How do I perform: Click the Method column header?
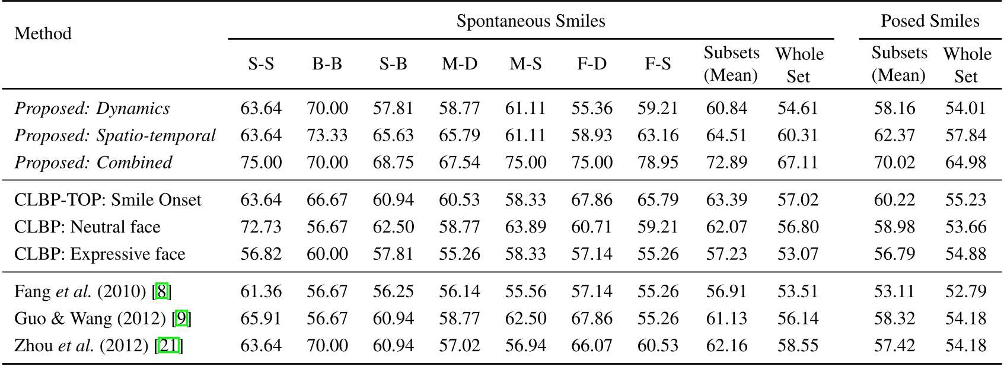pos(43,33)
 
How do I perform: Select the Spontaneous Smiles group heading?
pos(530,22)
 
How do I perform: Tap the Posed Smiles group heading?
pos(929,22)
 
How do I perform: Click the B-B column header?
pos(327,64)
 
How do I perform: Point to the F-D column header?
pos(592,64)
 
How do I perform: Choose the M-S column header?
pos(525,64)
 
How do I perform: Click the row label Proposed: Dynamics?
pos(92,109)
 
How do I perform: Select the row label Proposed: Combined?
pos(93,163)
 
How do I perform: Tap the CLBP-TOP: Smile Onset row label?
pos(108,200)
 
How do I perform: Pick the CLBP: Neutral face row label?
pos(87,227)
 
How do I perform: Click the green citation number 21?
pos(169,346)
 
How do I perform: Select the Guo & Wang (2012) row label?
pos(90,319)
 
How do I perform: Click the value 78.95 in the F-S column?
pos(658,163)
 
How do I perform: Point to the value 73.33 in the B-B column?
pos(327,135)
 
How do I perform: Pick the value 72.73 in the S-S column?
pos(261,227)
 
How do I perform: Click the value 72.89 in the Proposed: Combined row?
pos(726,163)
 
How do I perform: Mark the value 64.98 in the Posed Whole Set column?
pos(965,163)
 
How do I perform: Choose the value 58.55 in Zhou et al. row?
pos(798,346)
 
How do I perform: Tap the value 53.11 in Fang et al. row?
pos(894,292)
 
